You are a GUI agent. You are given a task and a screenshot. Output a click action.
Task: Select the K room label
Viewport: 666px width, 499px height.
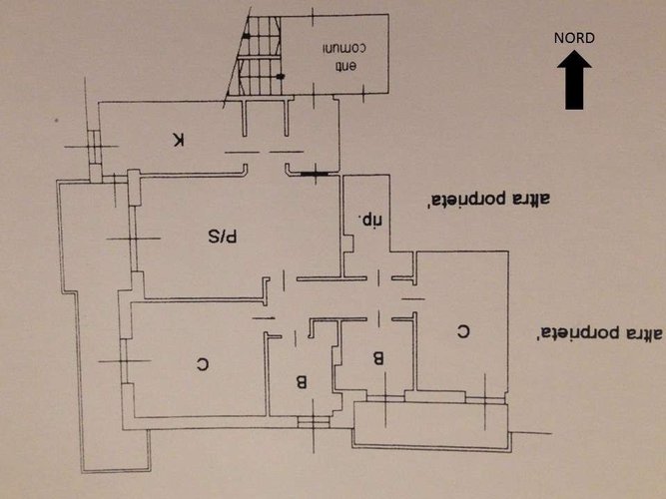click(x=179, y=141)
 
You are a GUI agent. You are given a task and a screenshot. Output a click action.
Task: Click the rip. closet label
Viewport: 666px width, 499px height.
click(x=367, y=216)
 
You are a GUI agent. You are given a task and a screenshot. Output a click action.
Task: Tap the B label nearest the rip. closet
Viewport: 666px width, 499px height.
click(x=378, y=356)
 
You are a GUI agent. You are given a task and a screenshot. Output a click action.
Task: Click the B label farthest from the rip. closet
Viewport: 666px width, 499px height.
click(x=301, y=380)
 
